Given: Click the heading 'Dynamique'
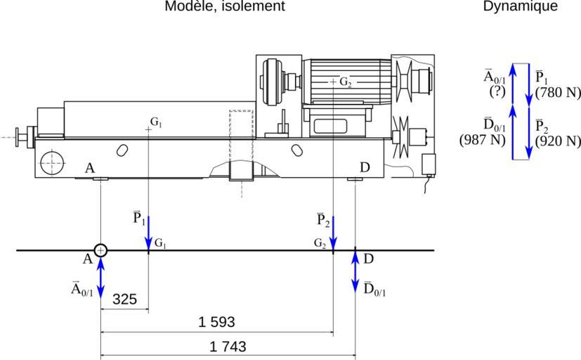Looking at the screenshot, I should coord(520,6).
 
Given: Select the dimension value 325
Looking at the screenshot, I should coord(124,299).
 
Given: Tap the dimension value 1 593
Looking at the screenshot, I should coord(216,322).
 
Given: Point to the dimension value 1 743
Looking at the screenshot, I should coord(228,347).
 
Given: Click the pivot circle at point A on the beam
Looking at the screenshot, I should coord(101,250).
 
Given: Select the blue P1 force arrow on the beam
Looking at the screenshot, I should coord(149,233).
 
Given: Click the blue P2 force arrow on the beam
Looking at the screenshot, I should coord(333,233).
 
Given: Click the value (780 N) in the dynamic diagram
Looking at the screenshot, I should coord(557,91).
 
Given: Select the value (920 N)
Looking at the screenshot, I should coord(557,141).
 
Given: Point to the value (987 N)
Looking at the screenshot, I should coord(483,139).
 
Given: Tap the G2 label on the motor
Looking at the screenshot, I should coord(345,82).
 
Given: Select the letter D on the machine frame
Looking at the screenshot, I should coord(364,167).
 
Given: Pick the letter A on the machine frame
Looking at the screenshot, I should coord(89,167).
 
